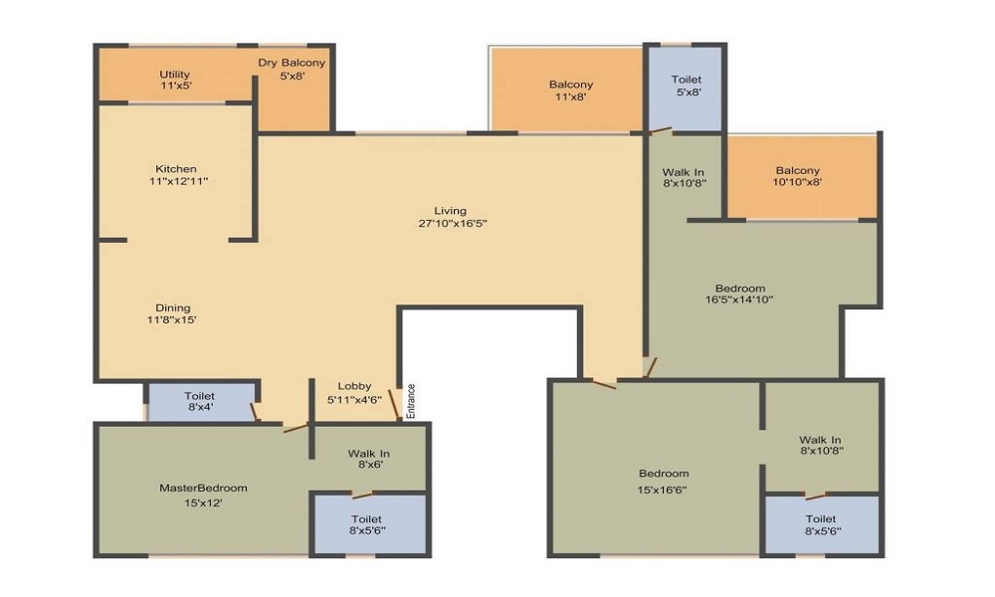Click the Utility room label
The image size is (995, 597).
(175, 75)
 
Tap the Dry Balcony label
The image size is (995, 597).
(292, 64)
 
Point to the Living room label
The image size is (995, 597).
(450, 210)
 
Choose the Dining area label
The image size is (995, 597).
(172, 307)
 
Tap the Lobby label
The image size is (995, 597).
(353, 386)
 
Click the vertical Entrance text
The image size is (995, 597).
(410, 400)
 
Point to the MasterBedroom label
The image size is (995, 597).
(204, 488)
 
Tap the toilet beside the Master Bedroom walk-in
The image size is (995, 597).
(367, 524)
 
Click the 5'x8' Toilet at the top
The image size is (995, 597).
(687, 86)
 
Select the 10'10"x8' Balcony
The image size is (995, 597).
(798, 176)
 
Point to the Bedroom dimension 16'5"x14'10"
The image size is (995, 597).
(739, 298)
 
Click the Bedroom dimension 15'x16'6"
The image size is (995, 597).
(664, 490)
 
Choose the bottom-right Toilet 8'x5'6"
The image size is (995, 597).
(821, 524)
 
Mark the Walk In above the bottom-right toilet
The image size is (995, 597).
(821, 446)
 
